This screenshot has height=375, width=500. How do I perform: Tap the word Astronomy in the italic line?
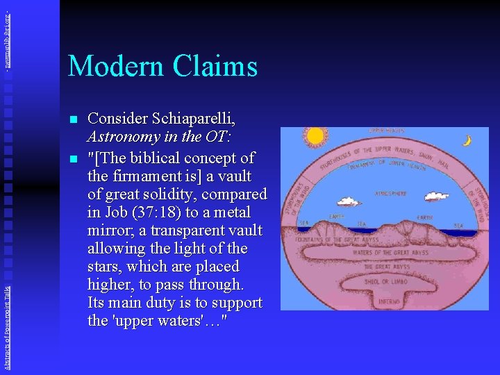pyautogui.click(x=125, y=139)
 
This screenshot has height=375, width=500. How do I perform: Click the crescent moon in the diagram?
pyautogui.click(x=467, y=140)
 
